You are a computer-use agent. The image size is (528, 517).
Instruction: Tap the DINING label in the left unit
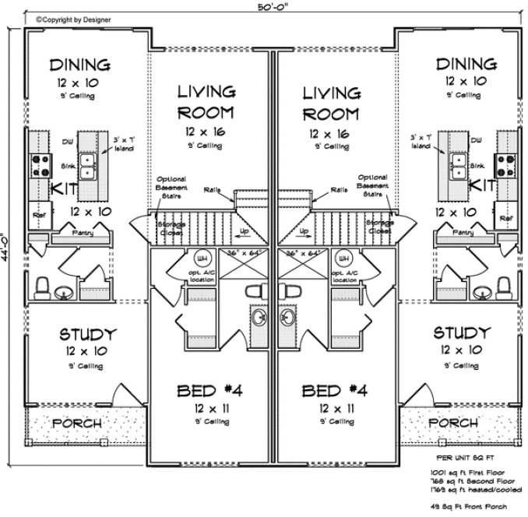[x=79, y=64]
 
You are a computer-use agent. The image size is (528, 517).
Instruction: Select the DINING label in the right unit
[x=466, y=64]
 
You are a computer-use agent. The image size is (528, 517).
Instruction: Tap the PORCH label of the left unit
[x=77, y=423]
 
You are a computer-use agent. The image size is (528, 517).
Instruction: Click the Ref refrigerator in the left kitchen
[x=37, y=212]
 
